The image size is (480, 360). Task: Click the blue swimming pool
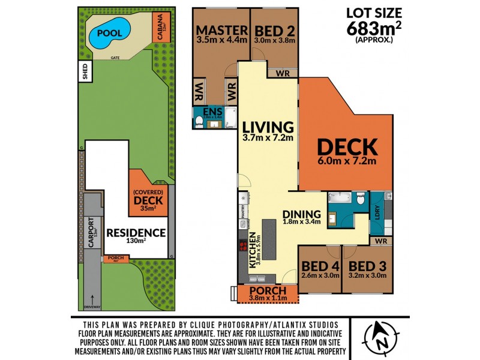[x=110, y=34]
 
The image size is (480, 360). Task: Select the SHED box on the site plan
[x=85, y=72]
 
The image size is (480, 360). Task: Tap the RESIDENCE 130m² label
[x=136, y=235]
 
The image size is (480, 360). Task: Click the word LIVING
[x=268, y=128]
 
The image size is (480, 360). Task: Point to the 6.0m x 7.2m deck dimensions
[x=347, y=161]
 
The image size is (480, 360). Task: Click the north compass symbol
[x=380, y=335]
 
